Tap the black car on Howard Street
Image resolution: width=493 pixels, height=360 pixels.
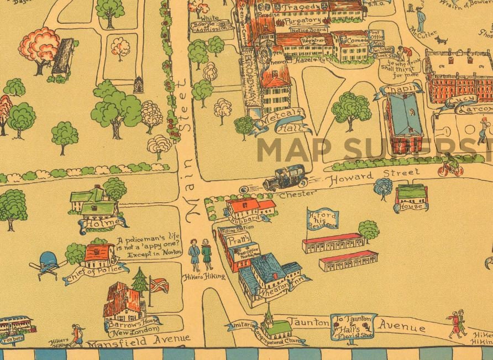[x=286, y=178]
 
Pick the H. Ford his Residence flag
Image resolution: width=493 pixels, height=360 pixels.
[x=322, y=220]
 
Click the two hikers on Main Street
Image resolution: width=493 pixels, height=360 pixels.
[x=200, y=254]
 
